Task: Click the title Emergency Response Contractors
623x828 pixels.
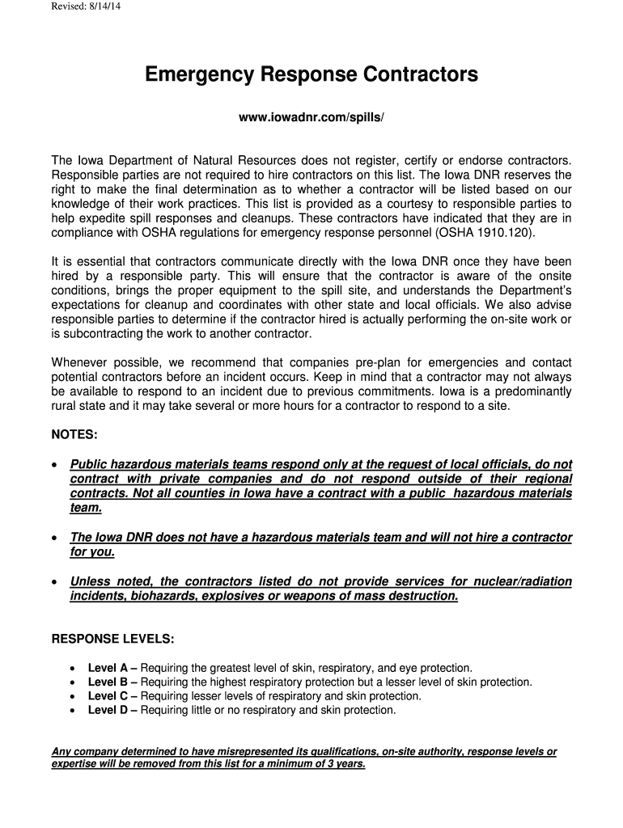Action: pos(311,75)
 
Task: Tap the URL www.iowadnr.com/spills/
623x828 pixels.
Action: pos(311,118)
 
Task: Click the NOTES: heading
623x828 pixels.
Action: pos(74,435)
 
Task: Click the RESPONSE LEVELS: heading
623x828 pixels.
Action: pos(112,639)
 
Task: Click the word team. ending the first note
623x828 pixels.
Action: pos(86,508)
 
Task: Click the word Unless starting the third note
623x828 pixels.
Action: pos(91,581)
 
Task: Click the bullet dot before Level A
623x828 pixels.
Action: pos(73,669)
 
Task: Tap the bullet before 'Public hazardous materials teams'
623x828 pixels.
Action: pos(54,465)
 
